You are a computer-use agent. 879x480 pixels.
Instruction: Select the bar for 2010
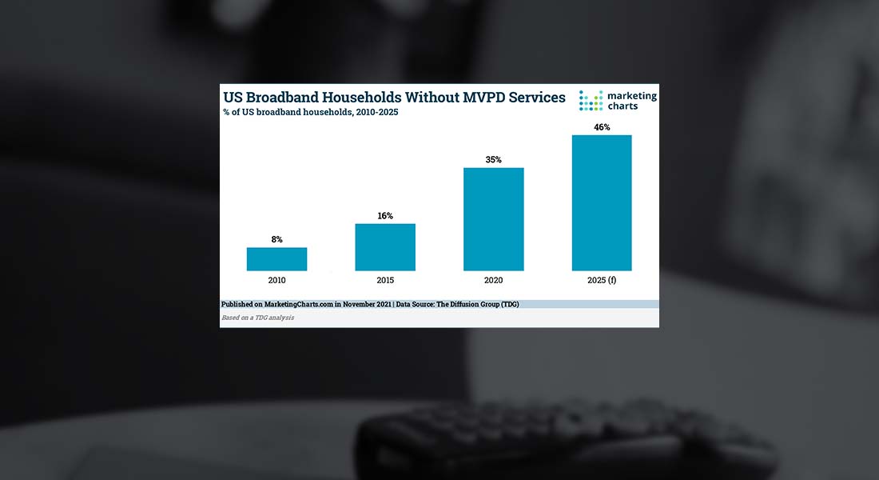[276, 259]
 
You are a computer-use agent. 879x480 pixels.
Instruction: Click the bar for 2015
[385, 247]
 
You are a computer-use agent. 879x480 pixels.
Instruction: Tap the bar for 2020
[494, 219]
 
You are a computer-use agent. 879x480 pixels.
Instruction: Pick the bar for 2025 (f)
[602, 203]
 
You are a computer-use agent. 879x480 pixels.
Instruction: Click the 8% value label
[276, 239]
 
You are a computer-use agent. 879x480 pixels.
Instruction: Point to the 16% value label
[385, 215]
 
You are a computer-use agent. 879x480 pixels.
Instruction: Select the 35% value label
[494, 159]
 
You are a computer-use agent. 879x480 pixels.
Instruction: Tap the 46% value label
[602, 127]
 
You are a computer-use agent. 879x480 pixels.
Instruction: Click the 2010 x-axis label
[276, 281]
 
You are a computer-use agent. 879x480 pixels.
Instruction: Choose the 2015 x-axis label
[385, 281]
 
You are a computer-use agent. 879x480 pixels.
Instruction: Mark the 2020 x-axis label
[494, 281]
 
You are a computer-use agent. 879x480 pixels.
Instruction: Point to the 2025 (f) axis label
[602, 281]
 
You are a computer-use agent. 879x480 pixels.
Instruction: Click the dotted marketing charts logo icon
[591, 101]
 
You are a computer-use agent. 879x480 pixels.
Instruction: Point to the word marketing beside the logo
[632, 95]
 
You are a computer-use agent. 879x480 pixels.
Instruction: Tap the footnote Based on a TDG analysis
[257, 318]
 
